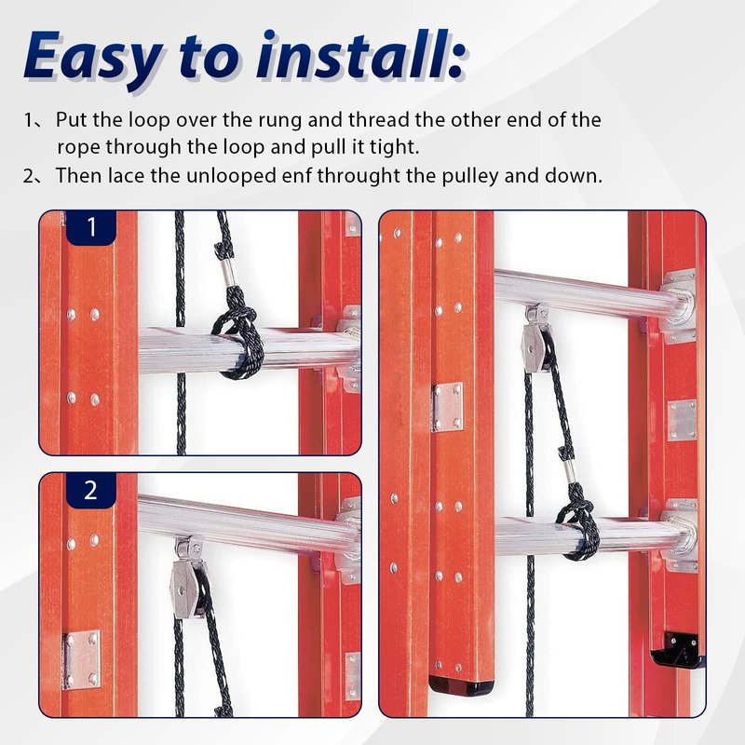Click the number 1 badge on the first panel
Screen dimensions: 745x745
coord(90,227)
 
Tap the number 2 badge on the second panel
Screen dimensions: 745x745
coord(90,490)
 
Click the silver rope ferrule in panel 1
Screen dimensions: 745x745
coord(231,273)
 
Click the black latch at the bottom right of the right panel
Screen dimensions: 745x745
coord(676,650)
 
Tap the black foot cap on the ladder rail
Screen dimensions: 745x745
coord(461,686)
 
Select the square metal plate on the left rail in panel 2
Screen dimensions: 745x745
coord(81,659)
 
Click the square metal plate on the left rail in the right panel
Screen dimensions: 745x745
coord(447,407)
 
